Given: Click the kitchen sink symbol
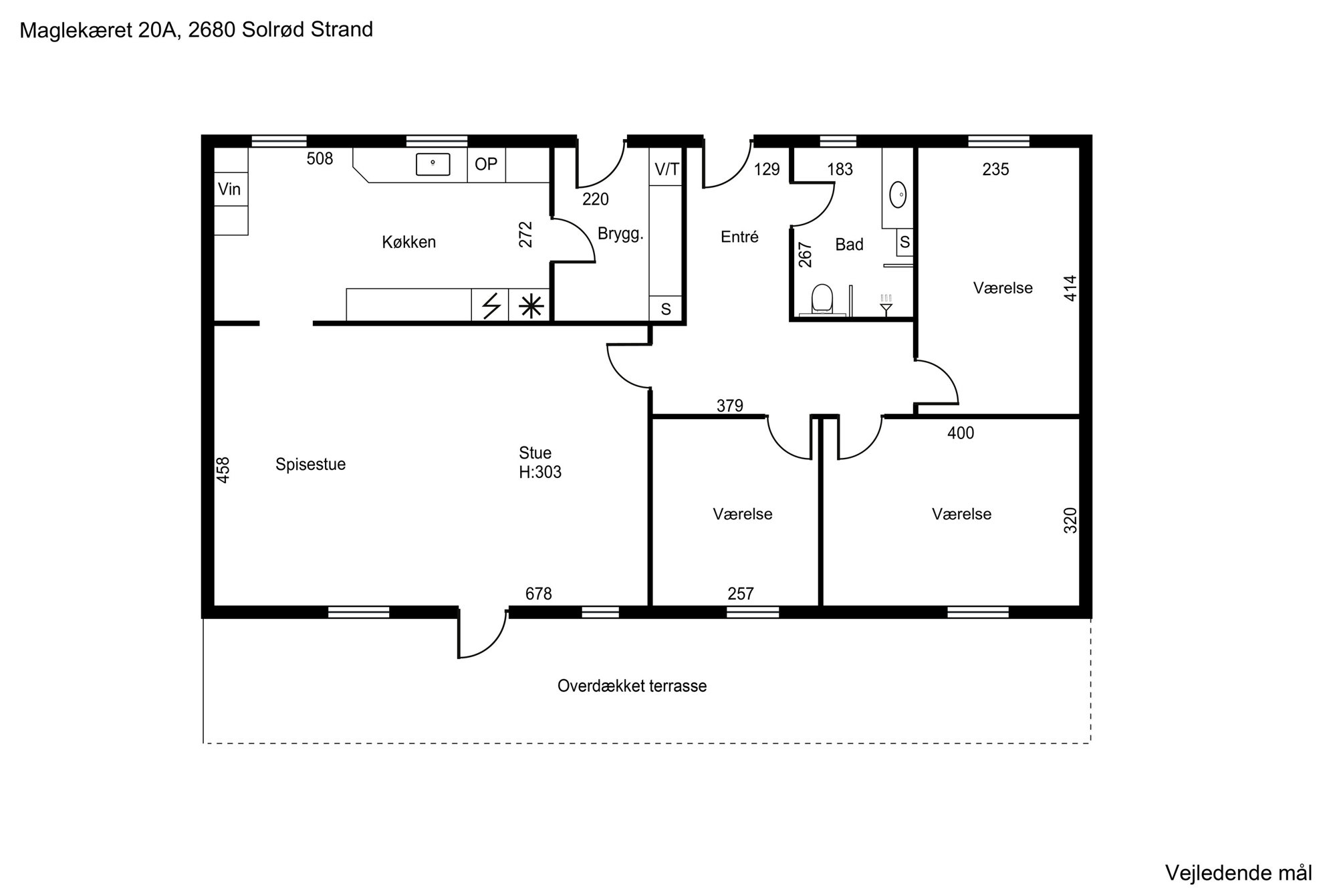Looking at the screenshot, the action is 433,164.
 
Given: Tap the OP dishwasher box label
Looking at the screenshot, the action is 486,164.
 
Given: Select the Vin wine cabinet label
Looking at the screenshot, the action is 229,189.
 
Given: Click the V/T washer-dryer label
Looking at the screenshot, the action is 666,170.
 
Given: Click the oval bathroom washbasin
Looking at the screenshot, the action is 898,195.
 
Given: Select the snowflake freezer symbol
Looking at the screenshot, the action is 531,306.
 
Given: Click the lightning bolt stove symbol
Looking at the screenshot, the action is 491,306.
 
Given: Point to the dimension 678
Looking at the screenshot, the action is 539,594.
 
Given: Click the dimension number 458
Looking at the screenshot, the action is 223,469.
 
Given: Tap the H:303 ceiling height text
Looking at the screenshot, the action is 540,473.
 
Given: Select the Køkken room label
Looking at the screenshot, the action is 409,242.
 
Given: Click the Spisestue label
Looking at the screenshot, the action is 310,465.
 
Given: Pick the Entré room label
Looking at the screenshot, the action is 739,237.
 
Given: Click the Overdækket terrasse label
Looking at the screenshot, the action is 632,686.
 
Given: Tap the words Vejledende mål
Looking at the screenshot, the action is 1239,873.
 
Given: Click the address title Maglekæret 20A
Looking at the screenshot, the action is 100,30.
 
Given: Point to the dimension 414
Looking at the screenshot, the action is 1070,288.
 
